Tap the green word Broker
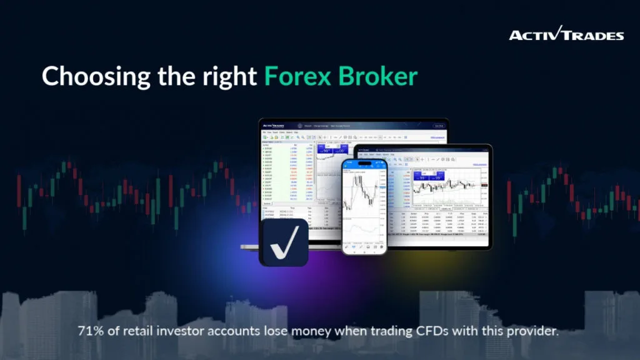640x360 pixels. tap(378, 76)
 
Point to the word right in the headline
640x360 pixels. tap(229, 77)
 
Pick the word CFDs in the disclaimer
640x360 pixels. tap(437, 330)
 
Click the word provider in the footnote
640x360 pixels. tap(531, 330)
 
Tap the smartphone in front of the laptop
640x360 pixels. tap(364, 206)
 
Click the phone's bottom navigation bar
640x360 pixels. tap(364, 247)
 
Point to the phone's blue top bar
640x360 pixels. tap(364, 164)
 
